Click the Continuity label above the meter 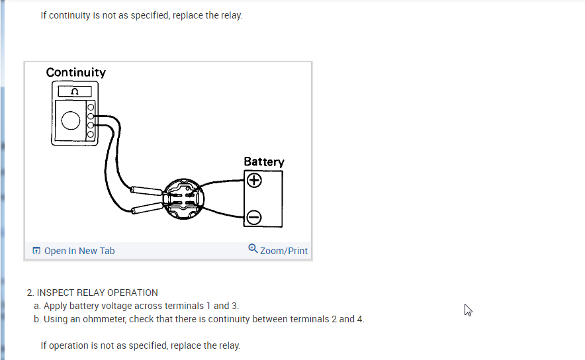pos(75,72)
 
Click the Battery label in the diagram pos(263,161)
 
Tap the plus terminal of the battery pos(254,180)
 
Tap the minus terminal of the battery pos(254,217)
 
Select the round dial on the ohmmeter pos(70,120)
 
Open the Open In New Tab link pos(79,251)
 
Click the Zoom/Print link pos(284,251)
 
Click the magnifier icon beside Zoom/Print pos(253,249)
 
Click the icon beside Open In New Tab pos(36,251)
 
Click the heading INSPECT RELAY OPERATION pos(97,292)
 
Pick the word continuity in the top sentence pos(74,15)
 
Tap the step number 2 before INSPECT pos(30,292)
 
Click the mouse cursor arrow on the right pos(468,310)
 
